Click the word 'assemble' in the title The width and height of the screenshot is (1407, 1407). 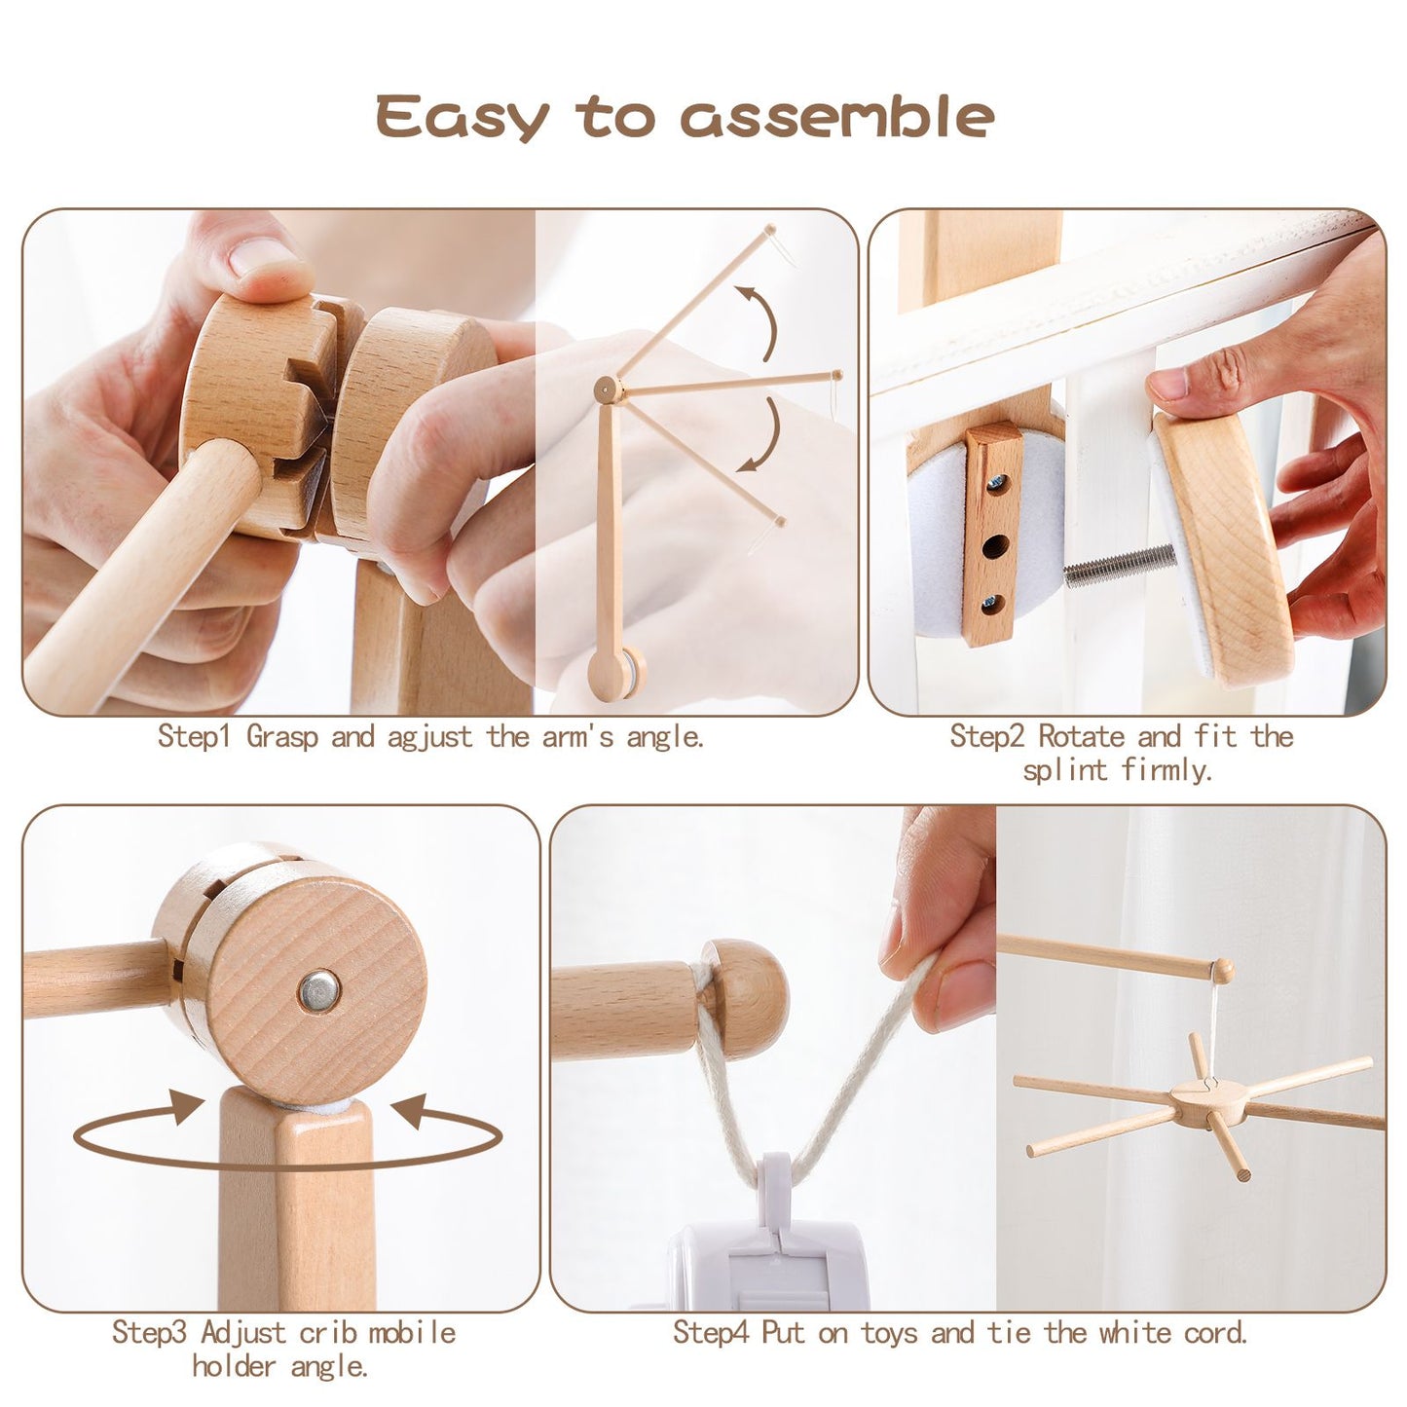point(836,118)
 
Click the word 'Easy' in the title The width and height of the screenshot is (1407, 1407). point(463,118)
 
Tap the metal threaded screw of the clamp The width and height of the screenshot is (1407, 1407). point(1120,565)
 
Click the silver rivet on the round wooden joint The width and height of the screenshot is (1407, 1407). point(319,990)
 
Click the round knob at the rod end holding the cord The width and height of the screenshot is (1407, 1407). point(744,998)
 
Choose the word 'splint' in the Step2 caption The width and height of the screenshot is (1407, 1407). point(1065,771)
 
